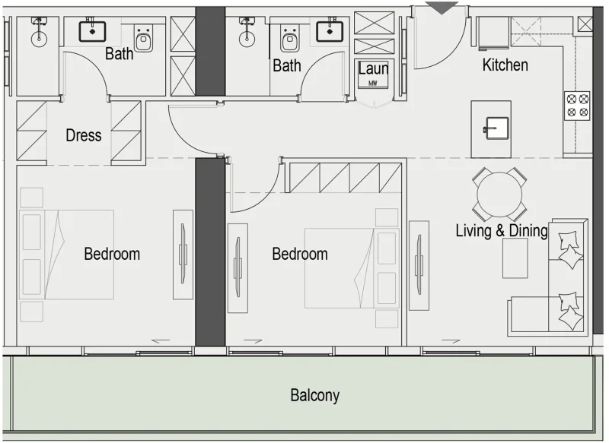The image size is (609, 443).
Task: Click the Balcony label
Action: pos(314,395)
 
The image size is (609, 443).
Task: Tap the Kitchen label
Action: pos(505,65)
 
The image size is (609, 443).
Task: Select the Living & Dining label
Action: pos(501,230)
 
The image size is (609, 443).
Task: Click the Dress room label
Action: pos(83,135)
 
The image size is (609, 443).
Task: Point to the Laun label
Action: pos(373,68)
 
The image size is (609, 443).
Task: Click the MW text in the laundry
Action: pos(373,83)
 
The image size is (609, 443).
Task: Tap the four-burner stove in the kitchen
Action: pos(577,105)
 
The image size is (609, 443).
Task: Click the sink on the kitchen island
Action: pos(491,128)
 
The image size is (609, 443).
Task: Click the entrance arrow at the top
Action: pos(442,7)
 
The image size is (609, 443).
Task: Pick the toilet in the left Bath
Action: pos(144,38)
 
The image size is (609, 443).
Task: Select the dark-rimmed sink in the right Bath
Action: pos(330,30)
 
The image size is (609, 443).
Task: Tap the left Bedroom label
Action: pos(112,254)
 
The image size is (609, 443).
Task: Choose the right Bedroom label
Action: pos(300,254)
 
